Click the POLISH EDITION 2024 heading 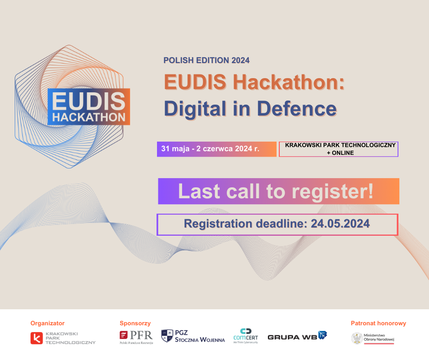[x=206, y=60]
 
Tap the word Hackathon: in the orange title [x=288, y=82]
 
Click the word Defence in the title [x=297, y=108]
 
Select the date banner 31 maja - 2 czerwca [x=217, y=149]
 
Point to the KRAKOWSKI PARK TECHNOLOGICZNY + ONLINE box [x=339, y=149]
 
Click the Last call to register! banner [x=278, y=191]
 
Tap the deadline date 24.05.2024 [x=340, y=223]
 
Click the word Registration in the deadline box [x=218, y=224]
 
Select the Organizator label [x=47, y=323]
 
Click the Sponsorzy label [x=135, y=323]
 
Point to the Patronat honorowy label [x=378, y=323]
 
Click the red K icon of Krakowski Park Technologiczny [x=37, y=338]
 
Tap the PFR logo [x=136, y=337]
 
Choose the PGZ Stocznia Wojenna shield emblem [x=167, y=336]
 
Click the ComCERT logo [x=246, y=336]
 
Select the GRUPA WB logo [x=298, y=336]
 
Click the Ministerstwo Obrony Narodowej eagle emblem [x=357, y=338]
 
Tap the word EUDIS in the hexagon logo [x=89, y=101]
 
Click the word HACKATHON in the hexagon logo [x=89, y=117]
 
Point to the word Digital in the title [x=195, y=109]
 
